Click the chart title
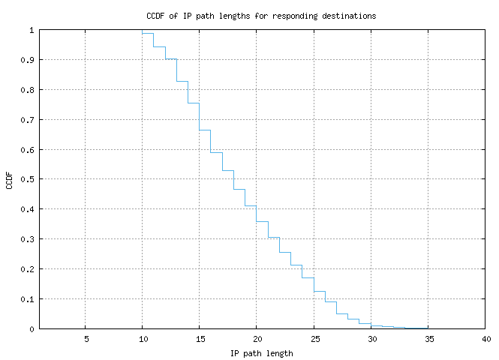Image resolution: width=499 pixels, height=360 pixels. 261,15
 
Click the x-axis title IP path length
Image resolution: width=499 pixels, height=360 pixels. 261,352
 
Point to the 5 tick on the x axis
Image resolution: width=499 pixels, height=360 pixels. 86,339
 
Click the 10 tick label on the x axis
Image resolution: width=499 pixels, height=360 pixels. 142,339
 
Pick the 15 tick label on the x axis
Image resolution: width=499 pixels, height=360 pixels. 199,339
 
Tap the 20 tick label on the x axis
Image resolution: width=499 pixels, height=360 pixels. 256,339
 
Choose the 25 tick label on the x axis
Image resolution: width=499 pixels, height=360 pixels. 313,339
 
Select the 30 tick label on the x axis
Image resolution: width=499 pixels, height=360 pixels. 370,339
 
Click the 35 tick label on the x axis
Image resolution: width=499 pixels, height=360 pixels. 427,339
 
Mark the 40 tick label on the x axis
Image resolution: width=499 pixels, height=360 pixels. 484,339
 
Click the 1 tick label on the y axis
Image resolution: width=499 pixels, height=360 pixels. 31,30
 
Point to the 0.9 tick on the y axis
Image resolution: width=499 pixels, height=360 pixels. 26,60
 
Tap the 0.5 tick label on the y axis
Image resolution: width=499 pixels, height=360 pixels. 26,179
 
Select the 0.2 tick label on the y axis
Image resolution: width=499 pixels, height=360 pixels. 26,269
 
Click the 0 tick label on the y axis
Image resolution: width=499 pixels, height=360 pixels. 31,328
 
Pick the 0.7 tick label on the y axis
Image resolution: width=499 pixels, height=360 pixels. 26,120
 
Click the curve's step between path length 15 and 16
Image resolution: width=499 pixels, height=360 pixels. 205,130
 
